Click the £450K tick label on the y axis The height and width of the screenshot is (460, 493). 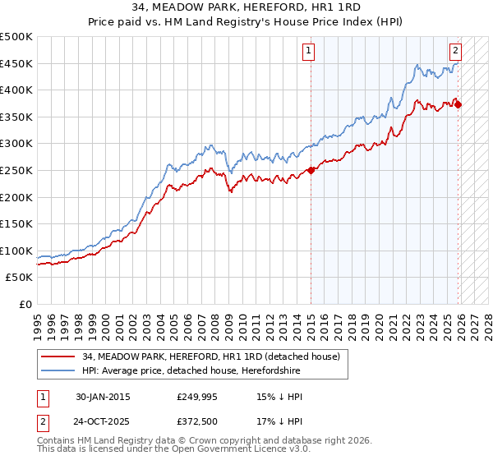(x=16, y=63)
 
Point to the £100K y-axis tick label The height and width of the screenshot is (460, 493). (x=16, y=251)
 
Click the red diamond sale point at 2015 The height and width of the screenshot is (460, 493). (x=311, y=170)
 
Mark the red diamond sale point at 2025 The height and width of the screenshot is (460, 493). (x=458, y=104)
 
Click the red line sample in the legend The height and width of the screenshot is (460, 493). (x=58, y=356)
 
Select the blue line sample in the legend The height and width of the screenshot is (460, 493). (x=58, y=371)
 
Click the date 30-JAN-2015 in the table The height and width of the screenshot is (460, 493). (x=103, y=397)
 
